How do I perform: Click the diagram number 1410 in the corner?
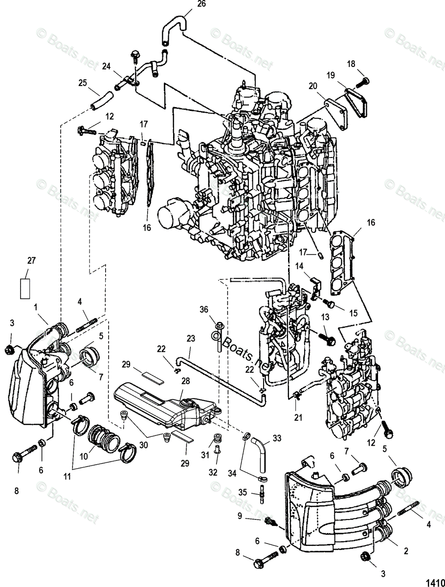(434, 582)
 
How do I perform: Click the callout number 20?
(313, 86)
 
